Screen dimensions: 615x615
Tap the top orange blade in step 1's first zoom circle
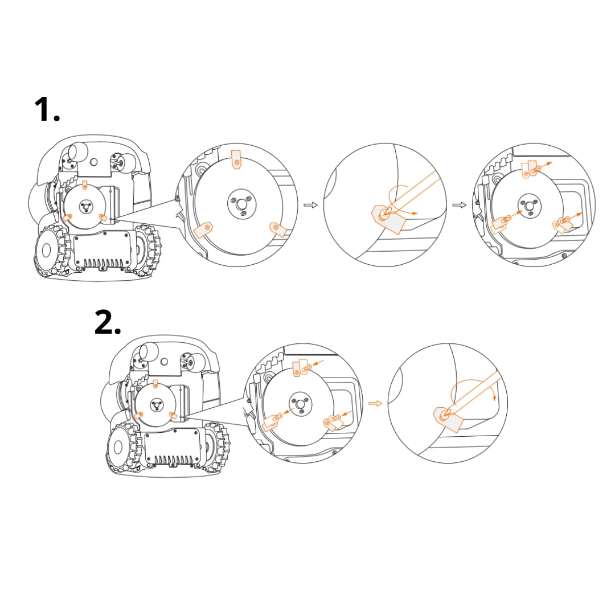(x=236, y=159)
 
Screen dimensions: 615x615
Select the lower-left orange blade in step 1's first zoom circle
(x=203, y=230)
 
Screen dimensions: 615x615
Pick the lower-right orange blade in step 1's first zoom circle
(x=278, y=229)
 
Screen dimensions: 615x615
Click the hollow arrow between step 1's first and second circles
(x=311, y=205)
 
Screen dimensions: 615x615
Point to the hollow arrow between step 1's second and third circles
(x=460, y=205)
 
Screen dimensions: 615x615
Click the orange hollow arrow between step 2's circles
(x=375, y=403)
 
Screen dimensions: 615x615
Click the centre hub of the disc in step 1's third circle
(x=530, y=206)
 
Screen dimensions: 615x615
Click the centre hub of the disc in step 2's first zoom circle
(x=301, y=404)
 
